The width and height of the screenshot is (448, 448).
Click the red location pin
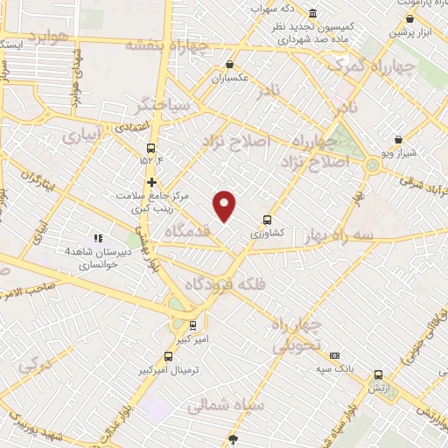pyautogui.click(x=225, y=206)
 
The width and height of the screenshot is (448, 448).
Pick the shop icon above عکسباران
pyautogui.click(x=229, y=64)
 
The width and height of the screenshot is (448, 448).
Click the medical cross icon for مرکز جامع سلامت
pyautogui.click(x=151, y=183)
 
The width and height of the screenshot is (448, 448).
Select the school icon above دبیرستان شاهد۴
pyautogui.click(x=98, y=237)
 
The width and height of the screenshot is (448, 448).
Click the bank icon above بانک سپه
pyautogui.click(x=335, y=355)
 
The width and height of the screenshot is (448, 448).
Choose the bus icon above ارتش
pyautogui.click(x=378, y=374)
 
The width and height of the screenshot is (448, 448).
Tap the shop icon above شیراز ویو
pyautogui.click(x=399, y=139)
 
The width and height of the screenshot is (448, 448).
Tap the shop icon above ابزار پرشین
pyautogui.click(x=409, y=18)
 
